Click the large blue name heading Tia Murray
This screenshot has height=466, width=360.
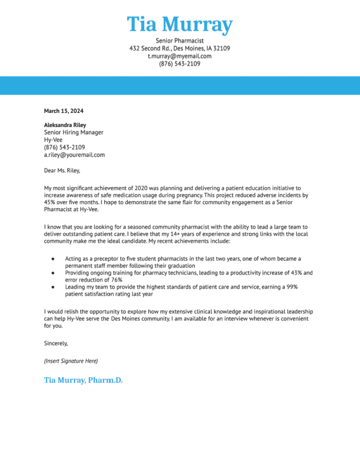click(x=180, y=24)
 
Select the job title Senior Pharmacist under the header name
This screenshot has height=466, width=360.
click(x=180, y=41)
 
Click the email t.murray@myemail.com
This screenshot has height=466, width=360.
click(x=180, y=56)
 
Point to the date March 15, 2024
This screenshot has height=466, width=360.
click(x=64, y=111)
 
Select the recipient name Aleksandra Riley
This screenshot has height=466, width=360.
click(x=65, y=125)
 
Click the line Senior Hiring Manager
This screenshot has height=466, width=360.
click(x=74, y=132)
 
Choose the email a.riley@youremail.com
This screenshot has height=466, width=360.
click(x=74, y=154)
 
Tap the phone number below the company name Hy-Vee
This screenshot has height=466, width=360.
click(x=64, y=147)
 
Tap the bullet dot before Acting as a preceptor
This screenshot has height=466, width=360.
click(x=54, y=259)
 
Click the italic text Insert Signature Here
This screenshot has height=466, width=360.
click(x=71, y=361)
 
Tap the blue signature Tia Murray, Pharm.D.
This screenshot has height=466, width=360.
click(x=83, y=380)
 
